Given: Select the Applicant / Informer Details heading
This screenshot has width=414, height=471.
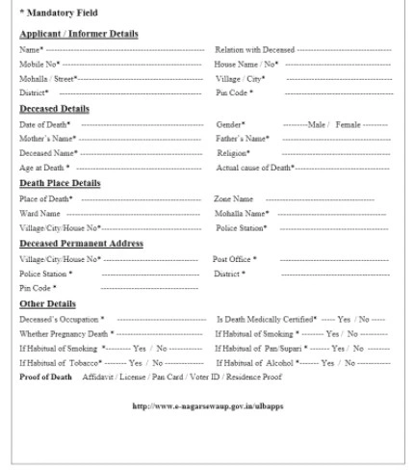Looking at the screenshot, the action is pos(78,35).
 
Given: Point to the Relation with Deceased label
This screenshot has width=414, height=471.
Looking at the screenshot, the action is pos(255,49).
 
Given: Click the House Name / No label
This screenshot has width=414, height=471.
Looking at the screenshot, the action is pos(246,64).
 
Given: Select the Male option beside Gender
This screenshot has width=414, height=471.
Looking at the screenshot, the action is pos(318,124).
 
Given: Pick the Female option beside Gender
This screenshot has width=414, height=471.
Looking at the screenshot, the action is pos(348,124).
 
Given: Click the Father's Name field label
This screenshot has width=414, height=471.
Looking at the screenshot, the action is pos(242,139).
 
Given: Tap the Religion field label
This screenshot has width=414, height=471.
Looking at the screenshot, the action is pos(234,153).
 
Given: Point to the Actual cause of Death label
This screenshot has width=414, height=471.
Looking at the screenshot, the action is pos(255,168).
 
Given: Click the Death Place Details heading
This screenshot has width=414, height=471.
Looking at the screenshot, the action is pos(60,183).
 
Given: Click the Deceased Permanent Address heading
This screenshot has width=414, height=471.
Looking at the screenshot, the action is pos(81,244).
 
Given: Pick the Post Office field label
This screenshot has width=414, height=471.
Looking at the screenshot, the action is pos(235,259).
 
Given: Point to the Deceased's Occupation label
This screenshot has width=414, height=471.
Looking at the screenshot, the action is pos(62,318).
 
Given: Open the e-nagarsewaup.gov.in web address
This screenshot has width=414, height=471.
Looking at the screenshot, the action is pos(207,406).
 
